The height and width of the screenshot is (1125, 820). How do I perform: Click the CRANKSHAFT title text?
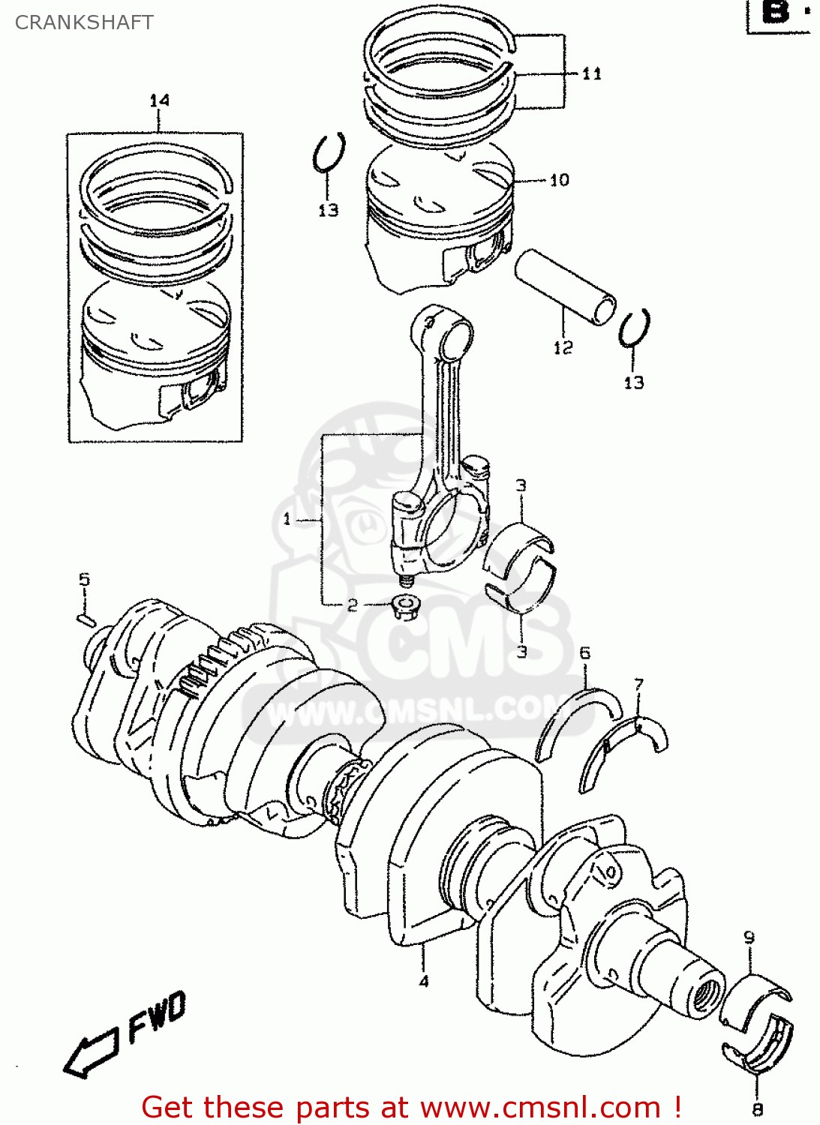point(84,22)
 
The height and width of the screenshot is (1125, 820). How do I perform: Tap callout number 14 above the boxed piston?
point(159,100)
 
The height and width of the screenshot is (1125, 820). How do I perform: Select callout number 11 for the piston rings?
point(591,73)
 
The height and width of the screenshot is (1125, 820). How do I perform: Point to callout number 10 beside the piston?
point(560,180)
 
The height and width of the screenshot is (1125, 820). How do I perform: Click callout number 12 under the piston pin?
point(563,347)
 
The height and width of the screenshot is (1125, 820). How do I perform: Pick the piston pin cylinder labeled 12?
point(565,287)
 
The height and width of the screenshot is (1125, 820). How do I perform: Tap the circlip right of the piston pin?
point(634,328)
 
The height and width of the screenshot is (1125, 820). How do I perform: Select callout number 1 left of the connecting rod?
point(287,519)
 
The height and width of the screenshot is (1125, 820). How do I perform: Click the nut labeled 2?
point(405,606)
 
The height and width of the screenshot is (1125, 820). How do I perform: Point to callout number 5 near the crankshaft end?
point(84,579)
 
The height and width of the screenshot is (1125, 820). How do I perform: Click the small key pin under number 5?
point(86,619)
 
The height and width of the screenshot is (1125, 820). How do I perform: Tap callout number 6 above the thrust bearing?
point(584,653)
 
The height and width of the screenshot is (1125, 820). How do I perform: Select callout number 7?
point(638,684)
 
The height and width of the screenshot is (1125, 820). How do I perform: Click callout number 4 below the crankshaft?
point(424,981)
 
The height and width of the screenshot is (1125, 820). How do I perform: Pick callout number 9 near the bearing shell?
point(749,937)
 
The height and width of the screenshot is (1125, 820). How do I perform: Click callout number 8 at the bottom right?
point(757,1109)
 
